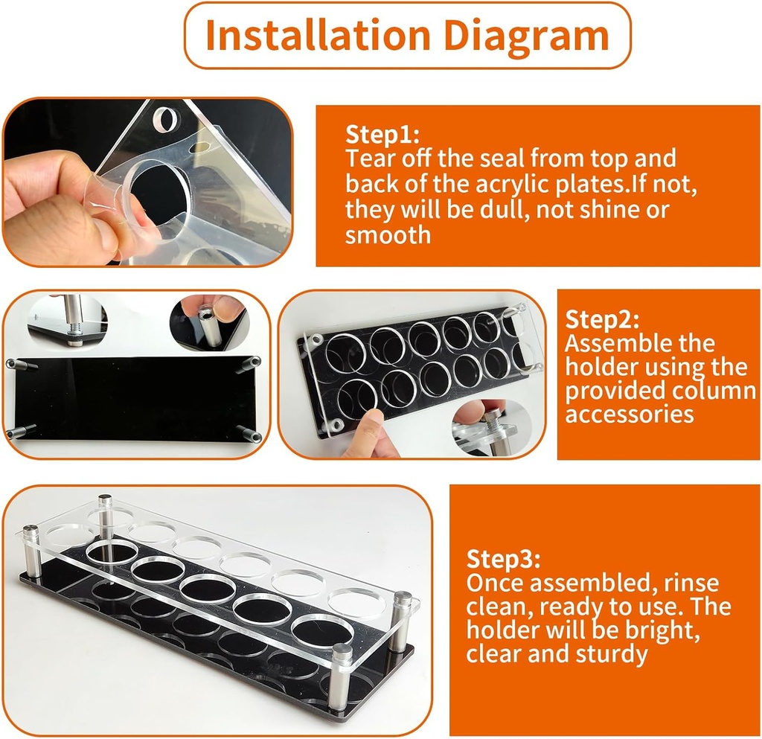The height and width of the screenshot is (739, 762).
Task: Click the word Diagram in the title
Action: [530, 35]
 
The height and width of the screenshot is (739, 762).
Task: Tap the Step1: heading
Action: [382, 135]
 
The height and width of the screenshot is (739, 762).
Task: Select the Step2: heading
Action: [602, 319]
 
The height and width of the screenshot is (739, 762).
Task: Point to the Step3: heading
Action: [503, 558]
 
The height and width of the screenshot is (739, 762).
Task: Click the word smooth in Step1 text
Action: [388, 235]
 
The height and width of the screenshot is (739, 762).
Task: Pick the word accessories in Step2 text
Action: [629, 414]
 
